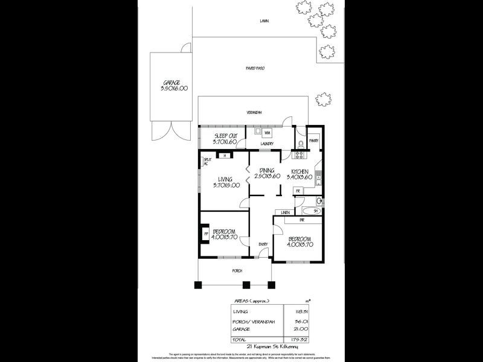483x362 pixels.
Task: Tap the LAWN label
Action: click(x=264, y=21)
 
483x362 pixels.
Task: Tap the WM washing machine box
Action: click(x=267, y=132)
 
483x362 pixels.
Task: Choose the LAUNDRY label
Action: click(x=267, y=144)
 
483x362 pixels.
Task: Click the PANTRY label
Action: click(x=313, y=141)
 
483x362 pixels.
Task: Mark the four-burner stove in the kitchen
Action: click(x=298, y=155)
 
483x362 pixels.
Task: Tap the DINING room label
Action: click(x=267, y=171)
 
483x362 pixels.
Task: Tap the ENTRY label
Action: click(x=263, y=244)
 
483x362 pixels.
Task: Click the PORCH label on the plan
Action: click(x=237, y=271)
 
